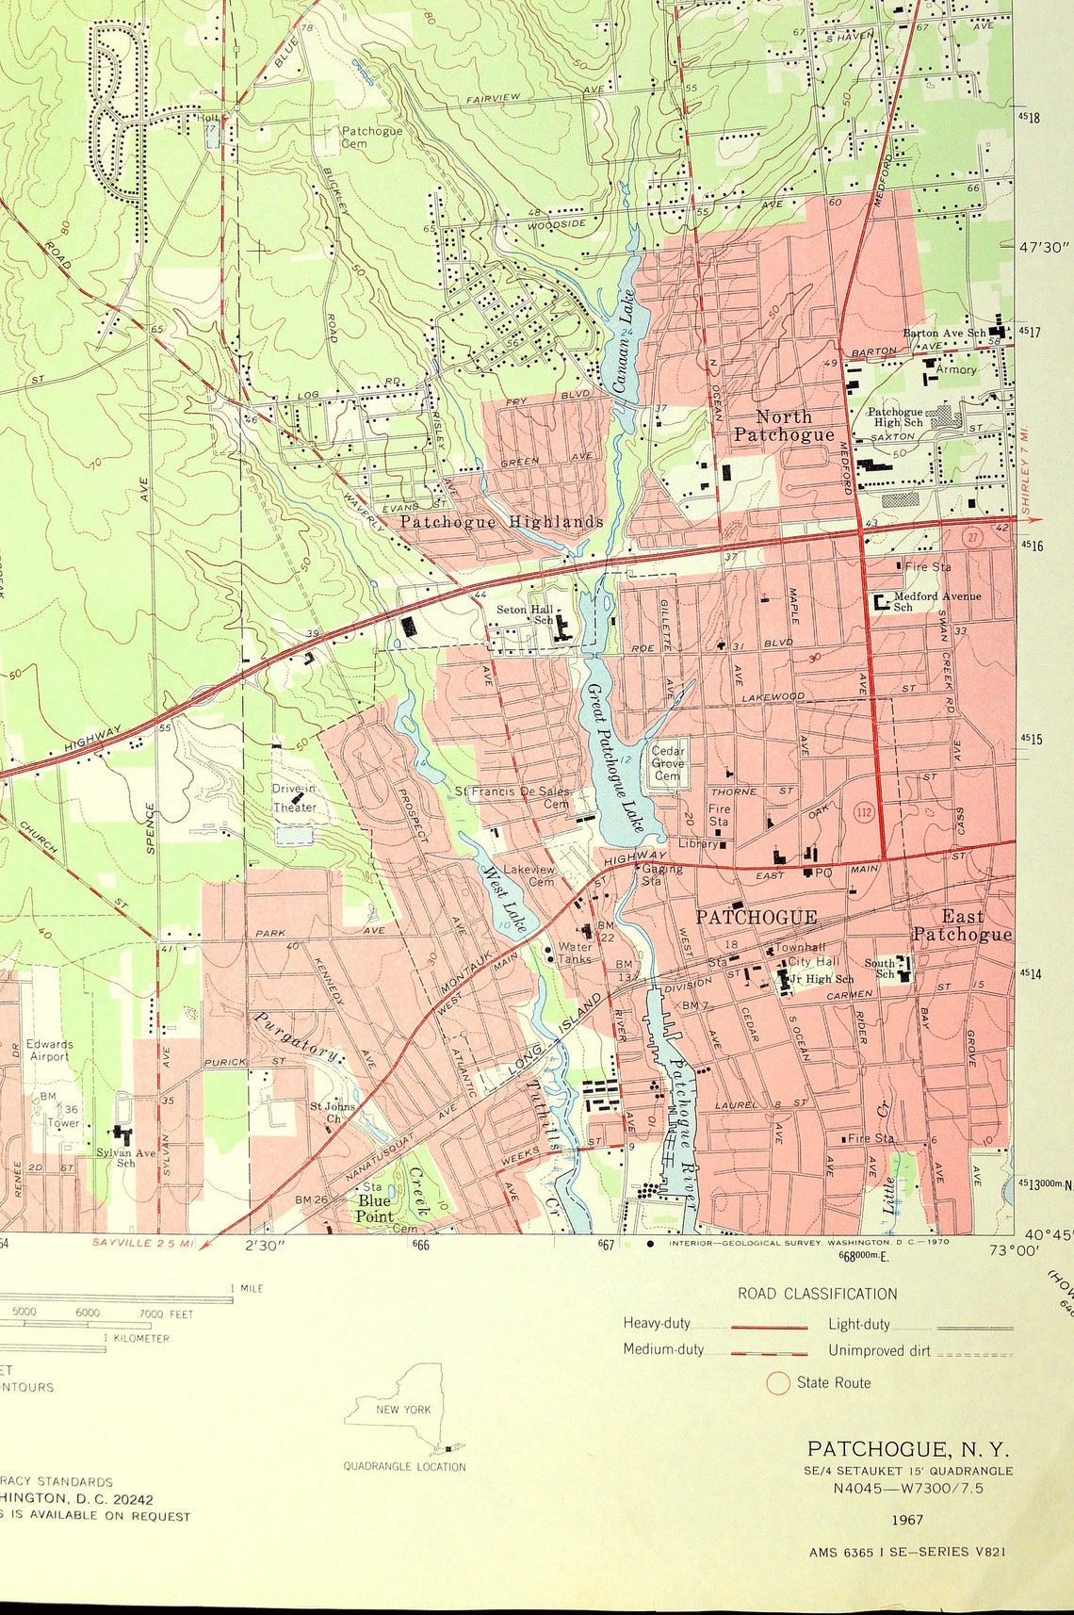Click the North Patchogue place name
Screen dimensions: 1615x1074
(x=784, y=425)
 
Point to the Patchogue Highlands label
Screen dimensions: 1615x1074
(x=501, y=521)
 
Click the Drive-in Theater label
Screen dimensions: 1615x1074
(x=295, y=797)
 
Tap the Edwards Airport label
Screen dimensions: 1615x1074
(x=49, y=1050)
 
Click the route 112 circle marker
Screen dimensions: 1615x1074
(x=864, y=810)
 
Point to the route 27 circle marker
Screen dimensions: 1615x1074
(x=972, y=537)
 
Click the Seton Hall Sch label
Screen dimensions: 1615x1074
(x=528, y=614)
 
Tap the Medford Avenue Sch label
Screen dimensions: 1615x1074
(x=936, y=600)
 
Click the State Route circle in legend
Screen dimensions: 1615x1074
(x=777, y=1383)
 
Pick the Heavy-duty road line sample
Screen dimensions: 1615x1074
(x=770, y=1327)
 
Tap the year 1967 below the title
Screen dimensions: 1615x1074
(x=907, y=1519)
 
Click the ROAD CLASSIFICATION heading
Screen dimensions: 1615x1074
(x=817, y=1294)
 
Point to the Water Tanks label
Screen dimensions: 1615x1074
(x=576, y=953)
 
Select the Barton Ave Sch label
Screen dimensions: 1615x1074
(x=944, y=333)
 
